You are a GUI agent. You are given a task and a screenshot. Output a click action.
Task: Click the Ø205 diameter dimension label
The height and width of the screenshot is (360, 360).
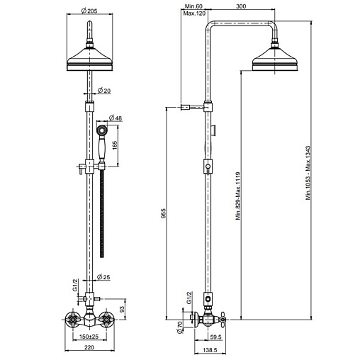89,11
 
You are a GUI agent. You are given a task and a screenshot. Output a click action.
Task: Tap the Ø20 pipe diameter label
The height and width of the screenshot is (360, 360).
104,91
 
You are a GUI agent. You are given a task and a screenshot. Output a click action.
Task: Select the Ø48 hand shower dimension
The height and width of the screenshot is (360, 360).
116,118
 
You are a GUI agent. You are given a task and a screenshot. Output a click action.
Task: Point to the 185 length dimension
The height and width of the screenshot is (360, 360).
115,145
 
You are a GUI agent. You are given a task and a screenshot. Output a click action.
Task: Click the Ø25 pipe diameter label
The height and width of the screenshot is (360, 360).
103,277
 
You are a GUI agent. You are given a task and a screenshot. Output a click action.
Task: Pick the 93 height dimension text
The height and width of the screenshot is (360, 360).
122,309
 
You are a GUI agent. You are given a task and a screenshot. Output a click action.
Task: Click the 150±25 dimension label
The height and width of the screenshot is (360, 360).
89,337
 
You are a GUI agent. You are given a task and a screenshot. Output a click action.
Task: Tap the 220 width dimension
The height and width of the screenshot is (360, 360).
89,347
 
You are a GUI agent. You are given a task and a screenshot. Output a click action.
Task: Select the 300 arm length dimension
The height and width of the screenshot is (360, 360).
241,6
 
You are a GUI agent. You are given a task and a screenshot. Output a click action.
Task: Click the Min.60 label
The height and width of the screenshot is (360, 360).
193,6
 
